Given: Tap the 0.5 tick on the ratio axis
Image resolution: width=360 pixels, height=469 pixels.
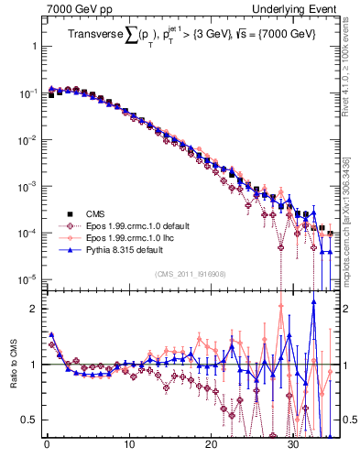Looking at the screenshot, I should (28, 420).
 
